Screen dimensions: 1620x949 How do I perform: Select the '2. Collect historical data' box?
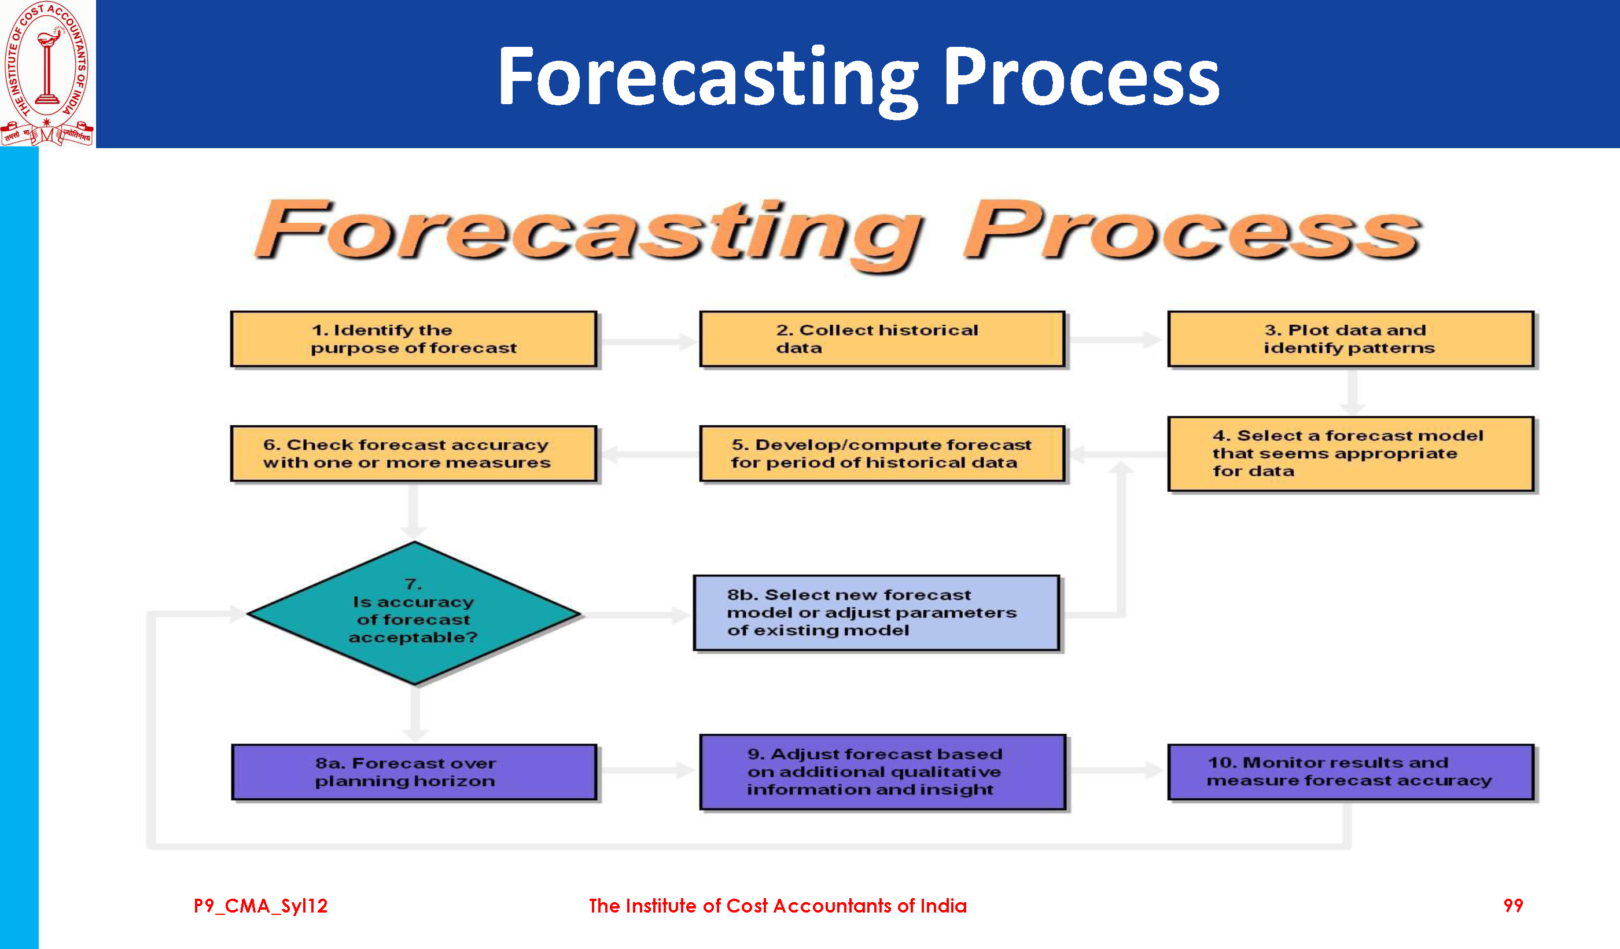pyautogui.click(x=882, y=339)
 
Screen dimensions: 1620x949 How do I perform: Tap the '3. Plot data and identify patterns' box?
pyautogui.click(x=1350, y=339)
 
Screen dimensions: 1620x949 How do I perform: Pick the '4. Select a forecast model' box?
pyautogui.click(x=1350, y=454)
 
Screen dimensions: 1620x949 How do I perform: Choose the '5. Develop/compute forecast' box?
pyautogui.click(x=882, y=453)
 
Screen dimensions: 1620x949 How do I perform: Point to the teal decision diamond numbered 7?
pyautogui.click(x=415, y=613)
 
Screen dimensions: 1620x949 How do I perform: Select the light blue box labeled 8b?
pyautogui.click(x=876, y=613)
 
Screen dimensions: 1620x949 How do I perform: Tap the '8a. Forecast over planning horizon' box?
pyautogui.click(x=414, y=772)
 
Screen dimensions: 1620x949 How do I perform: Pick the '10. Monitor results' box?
pyautogui.click(x=1350, y=772)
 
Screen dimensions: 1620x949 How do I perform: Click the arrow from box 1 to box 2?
pyautogui.click(x=648, y=340)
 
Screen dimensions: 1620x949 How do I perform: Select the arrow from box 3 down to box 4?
pyautogui.click(x=1353, y=392)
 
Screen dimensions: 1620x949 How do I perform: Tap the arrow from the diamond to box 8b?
pyautogui.click(x=636, y=615)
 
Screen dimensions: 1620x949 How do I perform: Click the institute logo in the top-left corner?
pyautogui.click(x=47, y=73)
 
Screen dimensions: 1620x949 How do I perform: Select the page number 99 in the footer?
pyautogui.click(x=1512, y=905)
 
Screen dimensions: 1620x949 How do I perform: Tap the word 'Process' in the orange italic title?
pyautogui.click(x=1191, y=230)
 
